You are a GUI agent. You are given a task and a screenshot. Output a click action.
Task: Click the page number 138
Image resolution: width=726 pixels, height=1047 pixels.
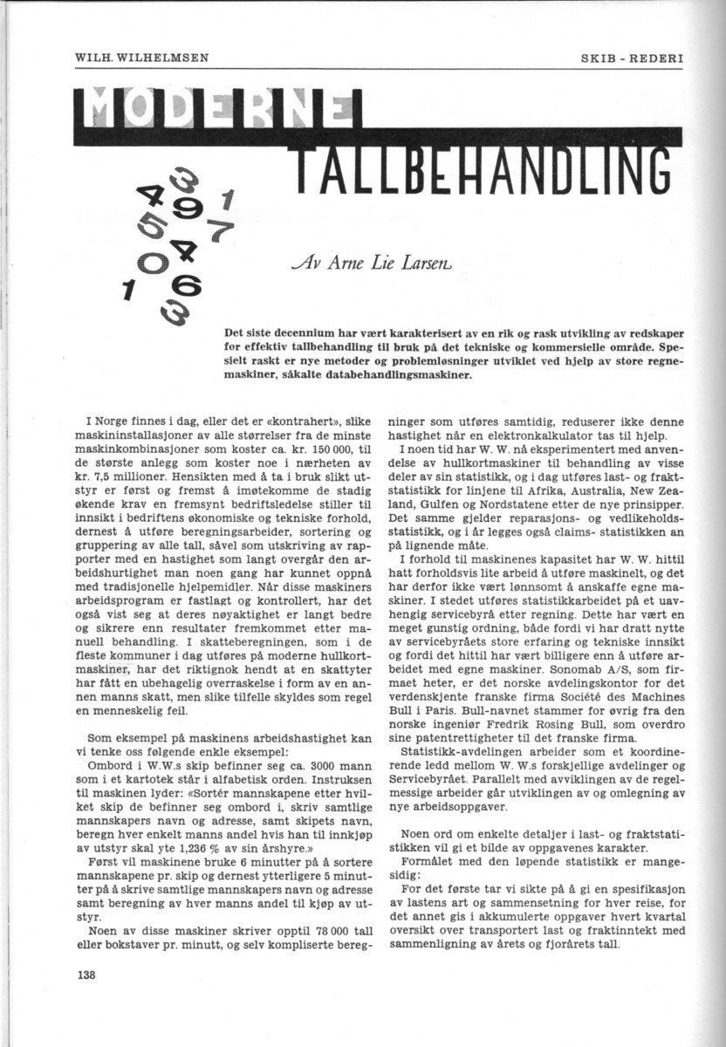tap(85, 975)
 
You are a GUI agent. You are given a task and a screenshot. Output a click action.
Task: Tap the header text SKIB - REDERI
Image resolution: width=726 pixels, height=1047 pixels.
tap(632, 58)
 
